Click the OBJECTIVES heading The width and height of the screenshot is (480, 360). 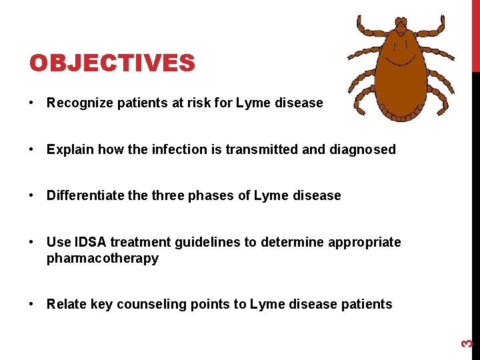[x=112, y=63]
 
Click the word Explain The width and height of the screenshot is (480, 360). [x=68, y=150]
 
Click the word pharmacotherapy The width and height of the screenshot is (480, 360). [x=103, y=259]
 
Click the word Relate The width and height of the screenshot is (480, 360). [x=65, y=305]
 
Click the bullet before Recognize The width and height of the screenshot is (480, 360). [x=32, y=103]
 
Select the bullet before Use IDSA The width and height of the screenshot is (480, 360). [x=32, y=243]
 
